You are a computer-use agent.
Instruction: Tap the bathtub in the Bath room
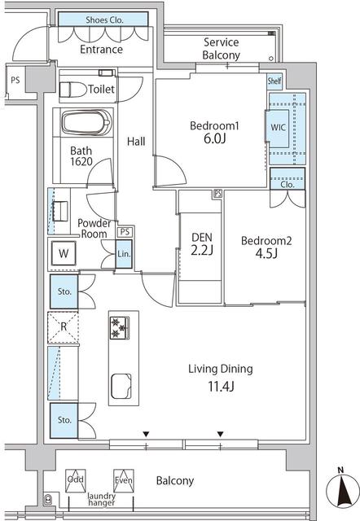pyautogui.click(x=86, y=122)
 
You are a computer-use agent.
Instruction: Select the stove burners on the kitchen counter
pyautogui.click(x=120, y=327)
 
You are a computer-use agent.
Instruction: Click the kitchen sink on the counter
pyautogui.click(x=121, y=386)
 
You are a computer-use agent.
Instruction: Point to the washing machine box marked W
pyautogui.click(x=64, y=253)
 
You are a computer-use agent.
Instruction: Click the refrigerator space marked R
pyautogui.click(x=64, y=327)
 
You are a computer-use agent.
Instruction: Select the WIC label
pyautogui.click(x=278, y=127)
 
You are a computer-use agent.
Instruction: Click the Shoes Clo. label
pyautogui.click(x=104, y=20)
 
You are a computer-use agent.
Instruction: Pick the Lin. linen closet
pyautogui.click(x=124, y=254)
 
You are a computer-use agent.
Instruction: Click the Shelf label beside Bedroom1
pyautogui.click(x=274, y=81)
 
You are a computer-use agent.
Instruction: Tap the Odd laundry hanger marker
pyautogui.click(x=76, y=481)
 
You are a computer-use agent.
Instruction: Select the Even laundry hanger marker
pyautogui.click(x=124, y=480)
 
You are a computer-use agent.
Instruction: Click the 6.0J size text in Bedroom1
pyautogui.click(x=214, y=138)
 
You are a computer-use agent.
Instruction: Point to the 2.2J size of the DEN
pyautogui.click(x=202, y=251)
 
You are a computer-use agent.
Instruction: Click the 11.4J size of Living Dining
pyautogui.click(x=221, y=387)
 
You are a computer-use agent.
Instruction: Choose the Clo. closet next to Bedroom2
pyautogui.click(x=288, y=179)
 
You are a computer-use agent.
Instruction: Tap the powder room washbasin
pyautogui.click(x=60, y=211)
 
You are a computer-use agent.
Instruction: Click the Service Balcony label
pyautogui.click(x=222, y=49)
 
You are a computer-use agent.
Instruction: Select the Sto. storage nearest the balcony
pyautogui.click(x=64, y=420)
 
